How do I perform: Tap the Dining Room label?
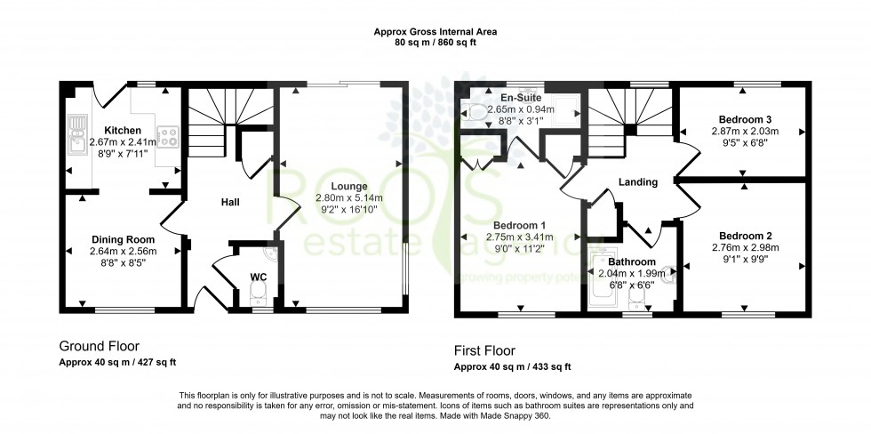[x=123, y=240]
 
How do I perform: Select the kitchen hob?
[x=172, y=138]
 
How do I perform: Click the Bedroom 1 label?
[x=520, y=225]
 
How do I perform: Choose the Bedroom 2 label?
[x=744, y=236]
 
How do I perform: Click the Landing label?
[x=638, y=182]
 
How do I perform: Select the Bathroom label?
[x=632, y=261]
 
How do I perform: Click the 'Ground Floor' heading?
[x=99, y=346]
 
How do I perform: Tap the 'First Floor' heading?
[x=484, y=350]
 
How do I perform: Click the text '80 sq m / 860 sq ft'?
[x=435, y=42]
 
